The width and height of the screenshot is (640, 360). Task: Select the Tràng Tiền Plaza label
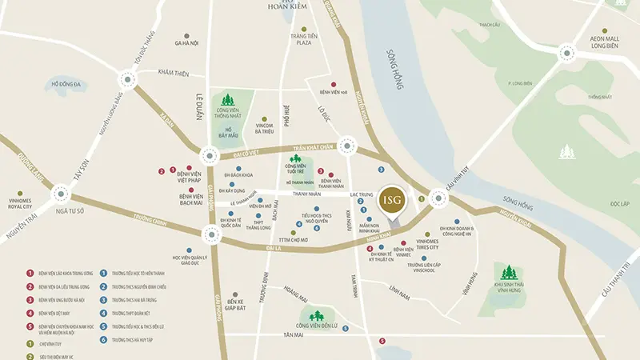click(x=301, y=39)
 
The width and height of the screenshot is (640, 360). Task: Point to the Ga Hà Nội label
click(x=186, y=44)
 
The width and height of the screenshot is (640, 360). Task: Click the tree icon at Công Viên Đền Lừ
click(x=317, y=314)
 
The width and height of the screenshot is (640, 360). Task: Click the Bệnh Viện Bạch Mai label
click(x=190, y=198)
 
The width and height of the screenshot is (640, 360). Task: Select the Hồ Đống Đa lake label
click(x=66, y=84)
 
